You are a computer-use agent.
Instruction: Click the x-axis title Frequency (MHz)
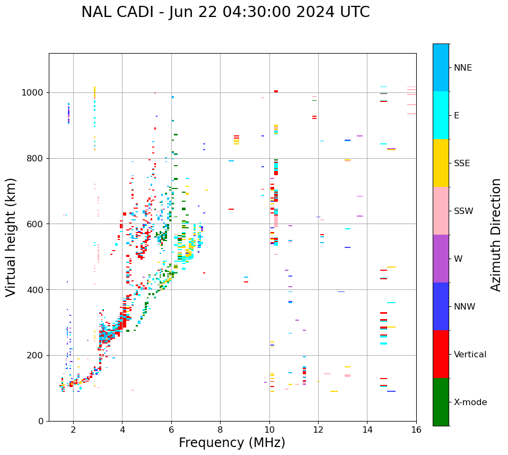coord(232,443)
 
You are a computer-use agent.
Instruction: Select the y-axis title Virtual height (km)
coord(12,237)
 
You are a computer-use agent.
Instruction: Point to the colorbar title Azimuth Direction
coord(496,235)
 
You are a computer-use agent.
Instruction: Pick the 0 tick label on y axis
coord(41,421)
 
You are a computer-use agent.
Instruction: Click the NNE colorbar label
coord(463,68)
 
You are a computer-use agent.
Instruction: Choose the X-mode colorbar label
coord(470,402)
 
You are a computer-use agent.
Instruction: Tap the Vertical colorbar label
coord(470,355)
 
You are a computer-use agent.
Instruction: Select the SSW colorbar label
coord(463,211)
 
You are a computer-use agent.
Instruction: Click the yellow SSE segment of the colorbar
coord(441,163)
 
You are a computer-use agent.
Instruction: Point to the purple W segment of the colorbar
coord(441,259)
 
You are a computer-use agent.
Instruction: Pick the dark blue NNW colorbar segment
coord(441,306)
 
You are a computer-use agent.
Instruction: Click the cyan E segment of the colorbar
coord(441,115)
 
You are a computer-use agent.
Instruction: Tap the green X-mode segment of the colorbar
coord(441,402)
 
